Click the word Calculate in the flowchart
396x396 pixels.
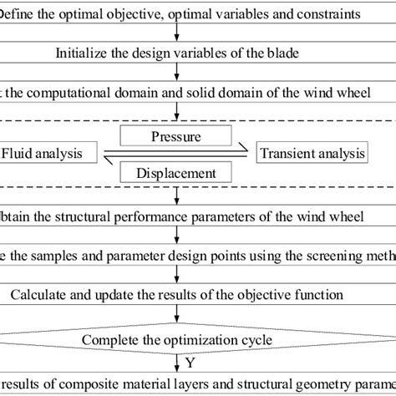(x=41, y=295)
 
